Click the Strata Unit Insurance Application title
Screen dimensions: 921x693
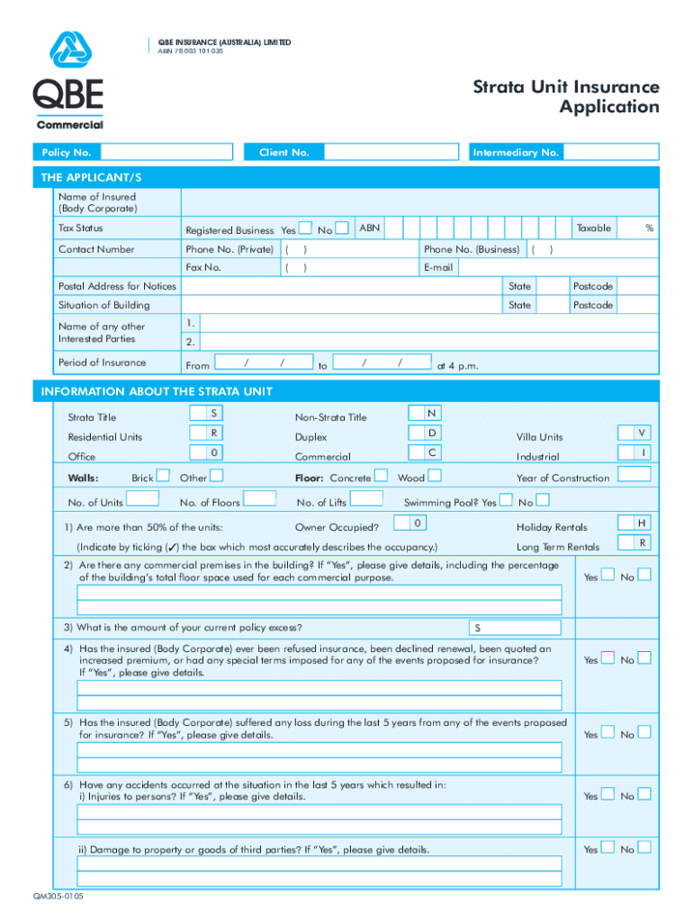(566, 97)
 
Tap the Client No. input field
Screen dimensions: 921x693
(391, 153)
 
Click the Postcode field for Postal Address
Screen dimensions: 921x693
(639, 286)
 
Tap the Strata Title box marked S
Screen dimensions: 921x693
(212, 413)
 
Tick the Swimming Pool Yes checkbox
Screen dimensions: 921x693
(506, 501)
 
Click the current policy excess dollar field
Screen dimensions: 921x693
(517, 628)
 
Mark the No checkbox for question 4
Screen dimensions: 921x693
(643, 658)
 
